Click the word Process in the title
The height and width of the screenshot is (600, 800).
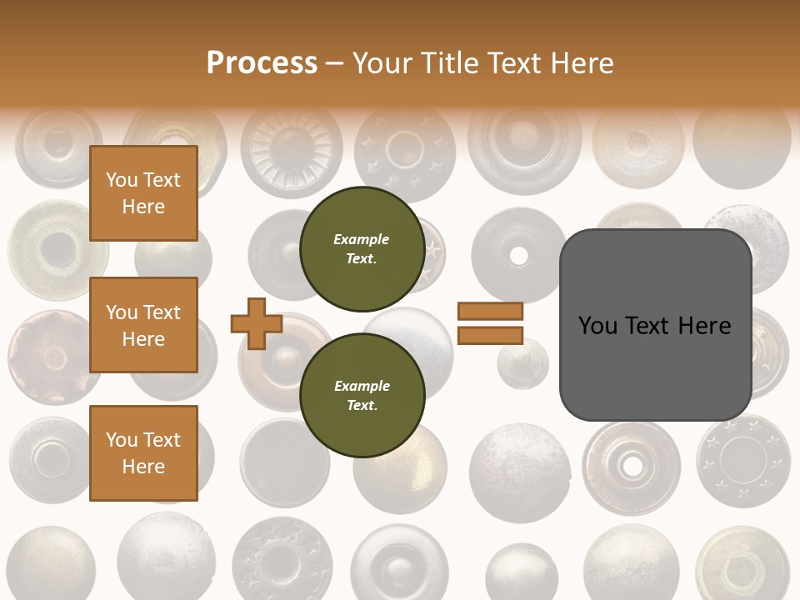[x=262, y=63]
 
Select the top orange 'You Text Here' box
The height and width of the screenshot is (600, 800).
[x=143, y=193]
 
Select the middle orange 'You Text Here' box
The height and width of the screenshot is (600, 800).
[x=143, y=325]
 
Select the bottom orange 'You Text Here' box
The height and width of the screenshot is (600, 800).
[x=143, y=452]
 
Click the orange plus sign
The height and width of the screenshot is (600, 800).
[x=257, y=323]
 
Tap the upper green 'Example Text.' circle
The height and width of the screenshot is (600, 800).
[x=362, y=249]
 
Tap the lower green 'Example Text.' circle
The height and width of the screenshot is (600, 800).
[x=362, y=396]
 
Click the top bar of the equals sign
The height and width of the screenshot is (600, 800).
[x=490, y=311]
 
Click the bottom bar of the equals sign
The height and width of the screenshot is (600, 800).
[x=490, y=335]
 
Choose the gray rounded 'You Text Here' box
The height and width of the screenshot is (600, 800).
[x=655, y=325]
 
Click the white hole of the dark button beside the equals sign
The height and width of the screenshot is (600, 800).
[x=518, y=255]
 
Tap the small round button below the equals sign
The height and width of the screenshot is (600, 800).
[x=522, y=362]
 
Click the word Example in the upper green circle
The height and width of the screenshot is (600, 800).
[x=362, y=239]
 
